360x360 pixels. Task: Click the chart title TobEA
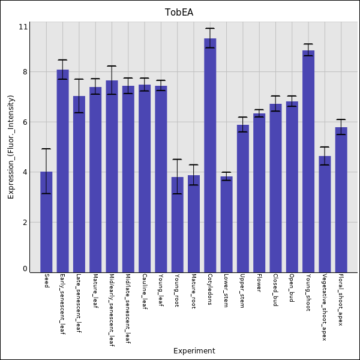click(x=179, y=13)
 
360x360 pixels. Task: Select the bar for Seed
click(x=46, y=222)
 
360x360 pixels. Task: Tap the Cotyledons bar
click(x=210, y=155)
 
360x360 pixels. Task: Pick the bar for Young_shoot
click(x=308, y=161)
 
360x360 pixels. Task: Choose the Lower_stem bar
click(x=226, y=224)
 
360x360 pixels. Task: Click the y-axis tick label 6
click(x=25, y=122)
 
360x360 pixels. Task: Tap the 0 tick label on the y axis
click(x=25, y=269)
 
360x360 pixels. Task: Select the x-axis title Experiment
click(x=194, y=351)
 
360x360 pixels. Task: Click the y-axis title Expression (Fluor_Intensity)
click(x=11, y=147)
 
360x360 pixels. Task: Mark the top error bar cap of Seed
click(x=46, y=149)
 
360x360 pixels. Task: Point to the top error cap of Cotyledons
click(x=210, y=28)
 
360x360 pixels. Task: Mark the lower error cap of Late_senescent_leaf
click(x=79, y=113)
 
